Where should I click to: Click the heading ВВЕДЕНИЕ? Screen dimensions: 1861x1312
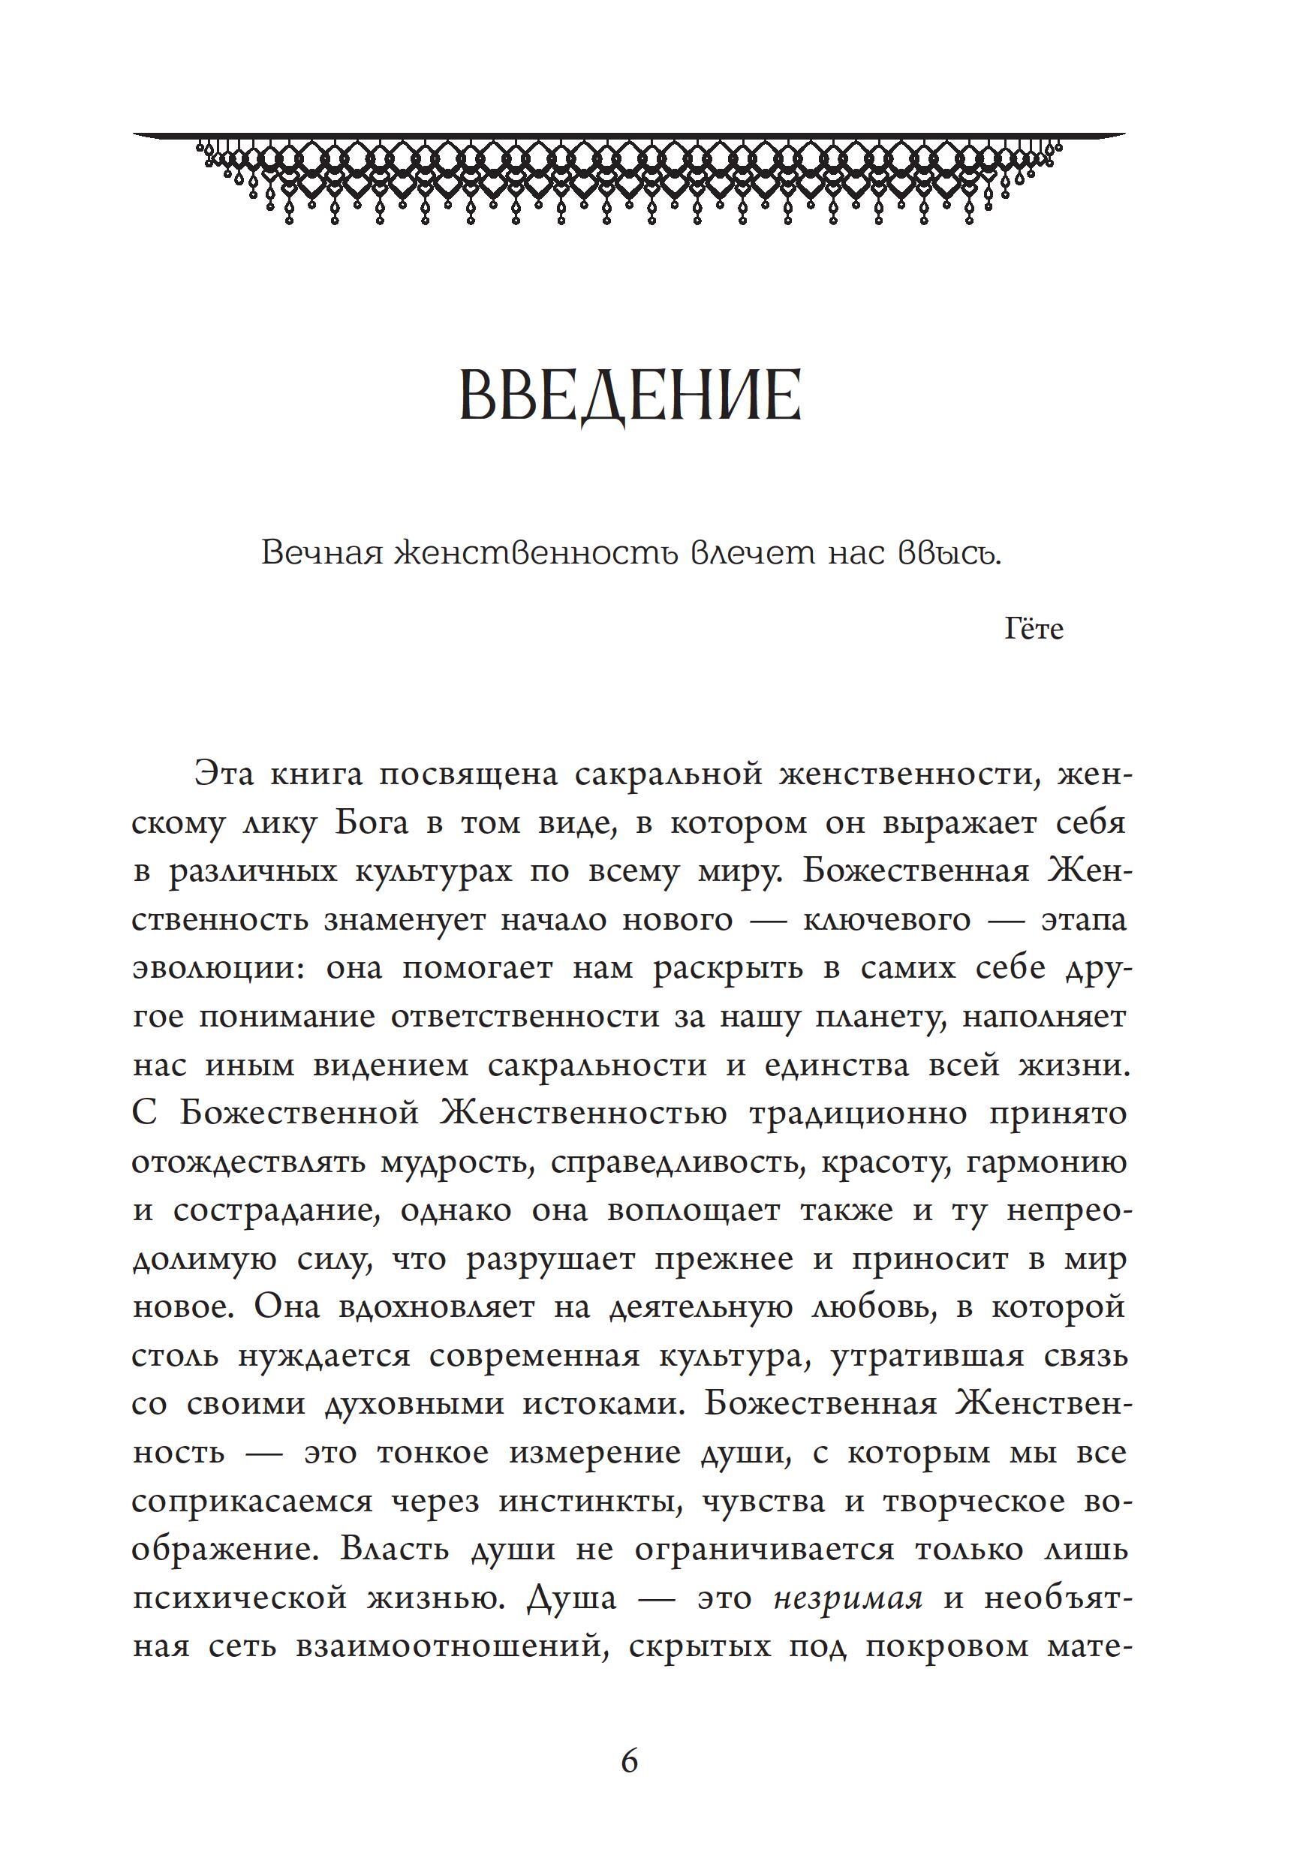(x=630, y=395)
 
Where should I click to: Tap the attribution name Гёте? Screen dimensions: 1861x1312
(x=1033, y=629)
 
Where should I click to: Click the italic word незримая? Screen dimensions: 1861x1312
(x=847, y=1598)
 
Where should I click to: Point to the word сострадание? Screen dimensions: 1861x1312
(x=275, y=1211)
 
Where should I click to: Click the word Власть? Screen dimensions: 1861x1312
(x=394, y=1549)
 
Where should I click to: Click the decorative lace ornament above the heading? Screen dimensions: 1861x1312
(x=629, y=179)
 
